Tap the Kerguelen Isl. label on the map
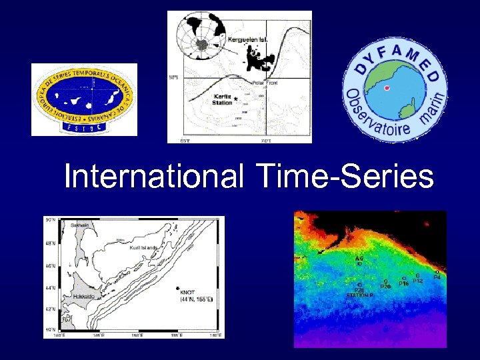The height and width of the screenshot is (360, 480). point(247,40)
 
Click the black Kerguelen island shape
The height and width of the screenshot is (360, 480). point(257,57)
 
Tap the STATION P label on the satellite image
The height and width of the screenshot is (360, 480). point(359,295)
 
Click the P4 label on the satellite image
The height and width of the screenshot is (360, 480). point(437,277)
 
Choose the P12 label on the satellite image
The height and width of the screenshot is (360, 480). point(418,281)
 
